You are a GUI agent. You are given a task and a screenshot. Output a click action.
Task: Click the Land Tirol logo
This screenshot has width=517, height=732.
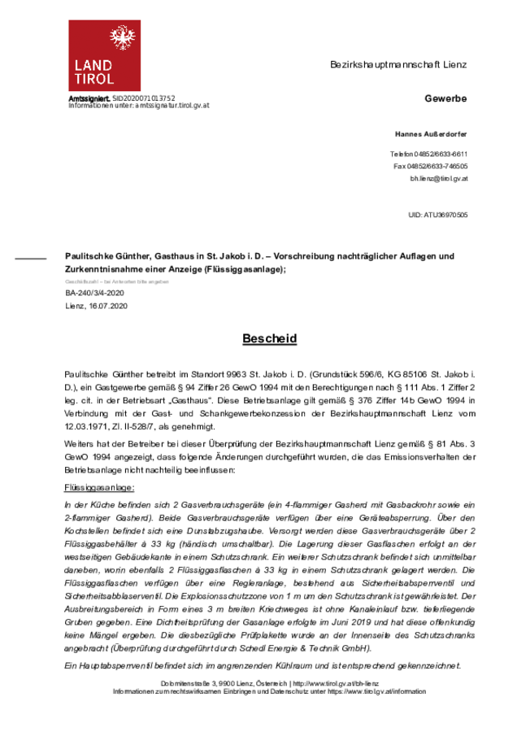click(104, 55)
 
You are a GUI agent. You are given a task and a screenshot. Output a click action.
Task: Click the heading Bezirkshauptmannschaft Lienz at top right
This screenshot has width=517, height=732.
click(398, 64)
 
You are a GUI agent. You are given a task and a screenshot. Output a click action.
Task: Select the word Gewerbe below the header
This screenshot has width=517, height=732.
click(445, 98)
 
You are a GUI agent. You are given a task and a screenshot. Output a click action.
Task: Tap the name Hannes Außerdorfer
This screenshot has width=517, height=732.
click(431, 133)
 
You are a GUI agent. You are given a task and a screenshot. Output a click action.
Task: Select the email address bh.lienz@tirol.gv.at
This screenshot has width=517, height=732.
click(438, 177)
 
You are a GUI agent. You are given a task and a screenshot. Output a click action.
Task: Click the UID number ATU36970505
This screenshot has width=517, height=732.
click(445, 215)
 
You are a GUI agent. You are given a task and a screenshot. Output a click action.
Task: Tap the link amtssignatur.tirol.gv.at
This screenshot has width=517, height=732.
click(172, 106)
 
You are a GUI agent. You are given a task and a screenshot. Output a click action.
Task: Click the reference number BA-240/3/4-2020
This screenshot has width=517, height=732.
click(94, 292)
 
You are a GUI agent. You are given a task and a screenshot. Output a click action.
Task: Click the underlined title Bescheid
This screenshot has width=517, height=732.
click(269, 338)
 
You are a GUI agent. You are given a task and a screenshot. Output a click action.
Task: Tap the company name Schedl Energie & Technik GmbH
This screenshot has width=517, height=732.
click(306, 648)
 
